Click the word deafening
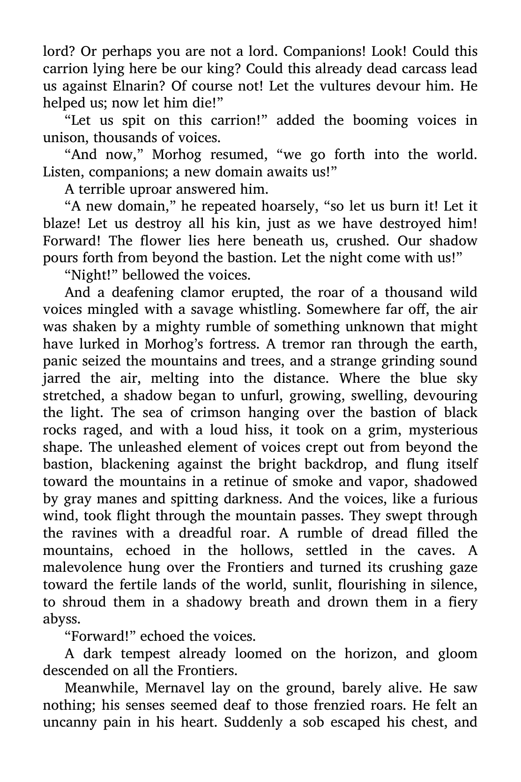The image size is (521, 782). point(143,293)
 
